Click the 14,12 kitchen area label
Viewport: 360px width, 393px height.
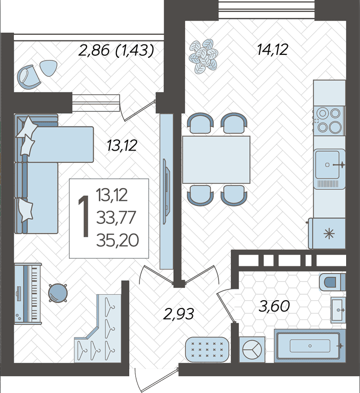click(x=272, y=50)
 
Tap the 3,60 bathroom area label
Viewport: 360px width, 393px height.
click(x=274, y=306)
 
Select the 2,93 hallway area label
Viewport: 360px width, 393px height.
click(x=178, y=314)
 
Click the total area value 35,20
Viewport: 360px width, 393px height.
click(x=117, y=240)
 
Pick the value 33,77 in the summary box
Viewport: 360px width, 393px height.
click(x=116, y=218)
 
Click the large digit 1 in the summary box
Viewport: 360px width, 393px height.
click(x=84, y=217)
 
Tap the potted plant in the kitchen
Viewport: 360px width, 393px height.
click(x=204, y=56)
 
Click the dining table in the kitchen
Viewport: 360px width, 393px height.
click(x=216, y=160)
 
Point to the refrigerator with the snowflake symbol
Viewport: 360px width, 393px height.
click(x=327, y=233)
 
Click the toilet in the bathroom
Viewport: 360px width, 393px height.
click(x=332, y=282)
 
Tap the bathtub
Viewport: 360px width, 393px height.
click(x=310, y=346)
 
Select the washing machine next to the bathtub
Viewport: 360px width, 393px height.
click(x=252, y=349)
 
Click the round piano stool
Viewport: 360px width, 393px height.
click(x=58, y=293)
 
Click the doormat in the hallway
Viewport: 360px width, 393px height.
click(x=207, y=349)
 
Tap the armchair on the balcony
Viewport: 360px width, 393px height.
click(x=28, y=76)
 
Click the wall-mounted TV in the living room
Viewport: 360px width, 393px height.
click(x=166, y=191)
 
